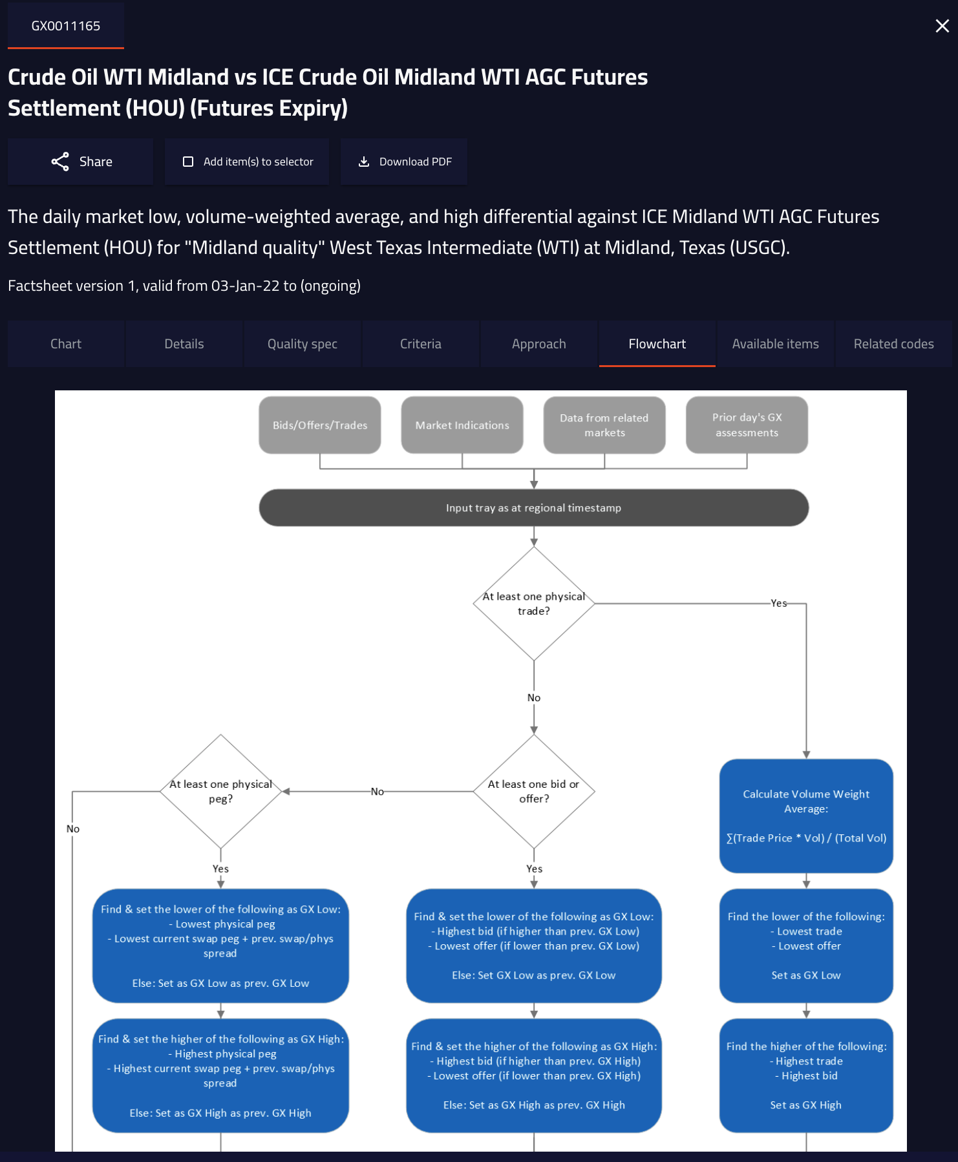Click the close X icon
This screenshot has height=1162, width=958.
coord(942,26)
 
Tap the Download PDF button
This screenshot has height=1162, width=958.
coord(405,162)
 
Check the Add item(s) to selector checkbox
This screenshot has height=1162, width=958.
coord(188,162)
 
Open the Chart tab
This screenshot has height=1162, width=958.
coord(66,344)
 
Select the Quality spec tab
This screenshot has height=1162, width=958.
coord(303,344)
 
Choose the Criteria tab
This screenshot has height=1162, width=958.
coord(421,344)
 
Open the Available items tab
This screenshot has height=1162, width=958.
coord(775,344)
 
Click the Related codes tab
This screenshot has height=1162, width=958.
coord(893,344)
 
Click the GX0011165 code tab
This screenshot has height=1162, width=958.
coord(66,26)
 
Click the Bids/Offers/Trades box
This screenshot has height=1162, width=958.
coord(320,425)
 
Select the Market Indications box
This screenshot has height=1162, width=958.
coord(462,425)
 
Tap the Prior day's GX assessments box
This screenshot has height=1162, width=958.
coord(747,425)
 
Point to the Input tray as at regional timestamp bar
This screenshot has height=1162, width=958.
coord(534,508)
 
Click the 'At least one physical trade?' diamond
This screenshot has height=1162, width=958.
coord(534,604)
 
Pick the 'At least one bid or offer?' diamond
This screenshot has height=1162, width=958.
coord(534,791)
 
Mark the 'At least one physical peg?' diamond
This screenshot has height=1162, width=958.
coord(221,791)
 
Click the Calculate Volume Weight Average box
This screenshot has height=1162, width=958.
coord(806,816)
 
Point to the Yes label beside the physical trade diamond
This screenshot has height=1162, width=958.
coord(779,603)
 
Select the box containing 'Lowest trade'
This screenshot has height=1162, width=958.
coord(806,945)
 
